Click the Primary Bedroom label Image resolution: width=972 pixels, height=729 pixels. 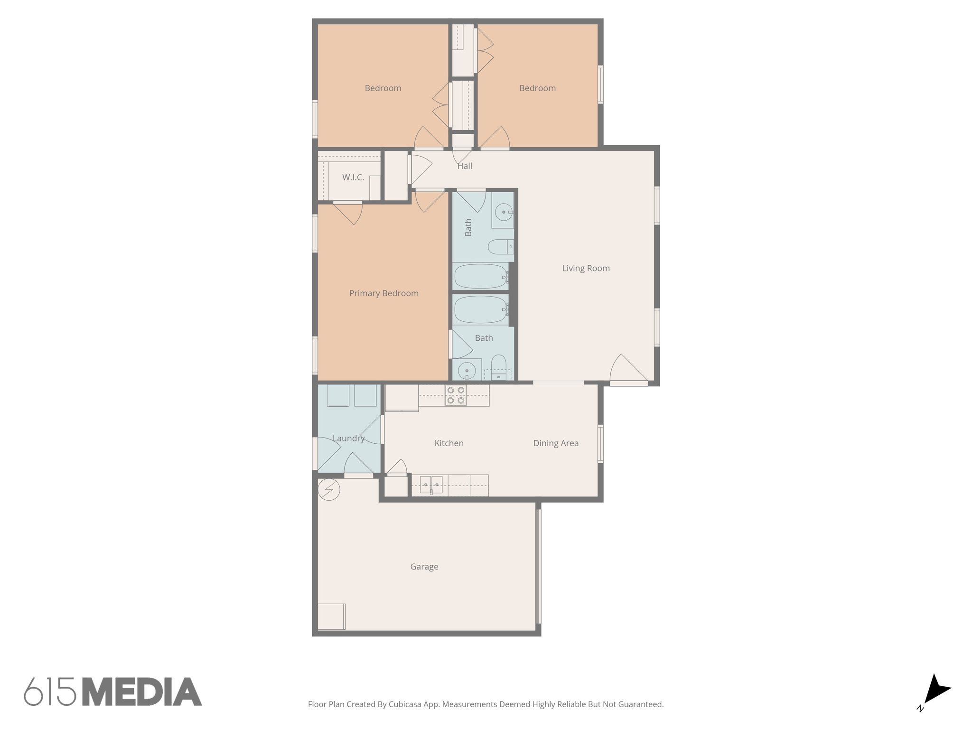(x=383, y=293)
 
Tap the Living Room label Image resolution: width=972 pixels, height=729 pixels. (x=586, y=268)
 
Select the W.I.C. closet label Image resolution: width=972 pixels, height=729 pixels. (x=353, y=178)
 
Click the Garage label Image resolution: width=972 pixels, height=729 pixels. (x=424, y=566)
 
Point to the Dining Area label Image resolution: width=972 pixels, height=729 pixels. (x=555, y=443)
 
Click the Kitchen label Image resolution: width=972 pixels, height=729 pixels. (x=449, y=443)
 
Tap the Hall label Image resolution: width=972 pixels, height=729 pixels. (x=465, y=166)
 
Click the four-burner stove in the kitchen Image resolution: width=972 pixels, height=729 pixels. (x=456, y=395)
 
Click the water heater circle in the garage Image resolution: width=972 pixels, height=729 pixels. (x=329, y=489)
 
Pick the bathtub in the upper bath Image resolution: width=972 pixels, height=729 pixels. (x=480, y=276)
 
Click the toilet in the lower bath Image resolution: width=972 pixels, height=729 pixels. (x=498, y=366)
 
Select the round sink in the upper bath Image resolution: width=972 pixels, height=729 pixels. (x=502, y=212)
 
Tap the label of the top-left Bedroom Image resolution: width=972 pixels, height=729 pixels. (x=383, y=88)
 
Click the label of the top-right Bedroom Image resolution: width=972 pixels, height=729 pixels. (x=537, y=88)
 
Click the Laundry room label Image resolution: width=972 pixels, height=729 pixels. (x=348, y=439)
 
